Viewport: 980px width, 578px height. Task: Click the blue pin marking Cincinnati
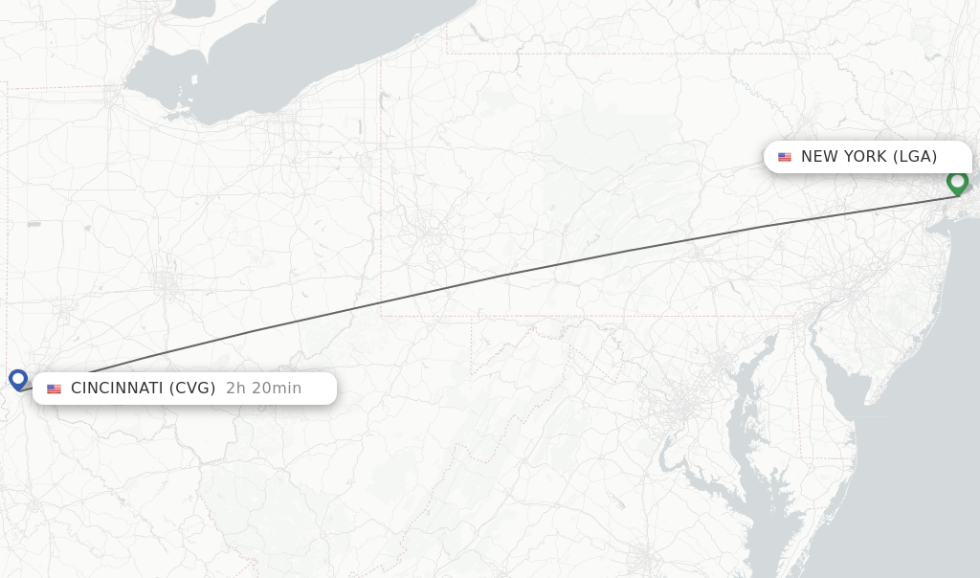(x=18, y=379)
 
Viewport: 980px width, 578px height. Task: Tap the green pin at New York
(x=957, y=182)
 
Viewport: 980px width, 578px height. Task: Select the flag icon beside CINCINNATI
(x=54, y=389)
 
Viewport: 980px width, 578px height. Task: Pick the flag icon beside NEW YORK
(x=785, y=157)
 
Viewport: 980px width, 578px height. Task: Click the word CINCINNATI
(x=117, y=389)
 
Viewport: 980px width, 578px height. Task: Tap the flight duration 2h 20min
(x=263, y=389)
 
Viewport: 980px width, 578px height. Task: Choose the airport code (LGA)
(x=915, y=157)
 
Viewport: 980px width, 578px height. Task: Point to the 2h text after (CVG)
(x=236, y=389)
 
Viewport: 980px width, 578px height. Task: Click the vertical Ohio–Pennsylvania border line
(x=381, y=191)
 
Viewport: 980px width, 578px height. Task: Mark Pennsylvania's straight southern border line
(x=593, y=316)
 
